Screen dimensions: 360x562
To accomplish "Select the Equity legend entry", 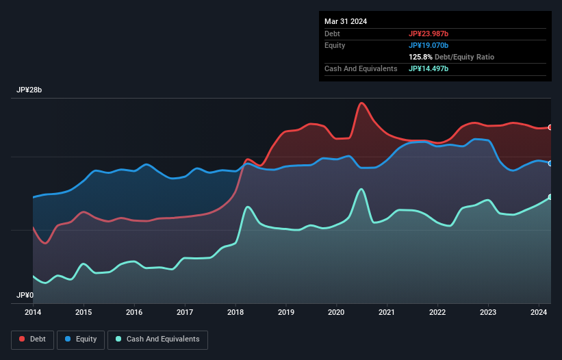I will (81, 339).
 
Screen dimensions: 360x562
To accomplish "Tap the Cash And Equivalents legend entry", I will (157, 339).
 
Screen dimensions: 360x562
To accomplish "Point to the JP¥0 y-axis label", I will (25, 296).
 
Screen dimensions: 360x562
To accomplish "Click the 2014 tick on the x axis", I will (33, 312).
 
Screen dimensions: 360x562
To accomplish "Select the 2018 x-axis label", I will (235, 312).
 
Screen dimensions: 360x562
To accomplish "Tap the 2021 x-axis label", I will (387, 312).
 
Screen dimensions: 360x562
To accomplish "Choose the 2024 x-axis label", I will (539, 312).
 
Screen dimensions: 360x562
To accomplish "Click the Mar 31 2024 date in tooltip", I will (346, 21).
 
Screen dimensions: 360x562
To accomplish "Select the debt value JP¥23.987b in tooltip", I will (429, 34).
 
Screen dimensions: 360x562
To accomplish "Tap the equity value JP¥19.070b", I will (429, 45).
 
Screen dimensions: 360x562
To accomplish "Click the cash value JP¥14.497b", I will (429, 68).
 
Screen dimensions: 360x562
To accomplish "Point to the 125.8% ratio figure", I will (422, 57).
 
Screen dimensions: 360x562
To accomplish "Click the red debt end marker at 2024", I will (550, 127).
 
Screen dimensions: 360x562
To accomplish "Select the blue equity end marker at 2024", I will (550, 163).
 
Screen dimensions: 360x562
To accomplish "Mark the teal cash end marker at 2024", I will (550, 197).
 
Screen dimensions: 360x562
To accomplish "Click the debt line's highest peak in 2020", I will (361, 103).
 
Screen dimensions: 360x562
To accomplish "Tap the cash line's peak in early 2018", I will (248, 207).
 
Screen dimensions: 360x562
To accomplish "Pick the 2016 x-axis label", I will (134, 312).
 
